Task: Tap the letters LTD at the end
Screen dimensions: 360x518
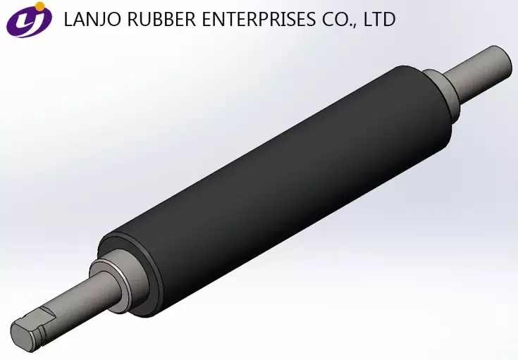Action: (377, 20)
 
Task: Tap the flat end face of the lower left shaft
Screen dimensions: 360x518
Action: (21, 335)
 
